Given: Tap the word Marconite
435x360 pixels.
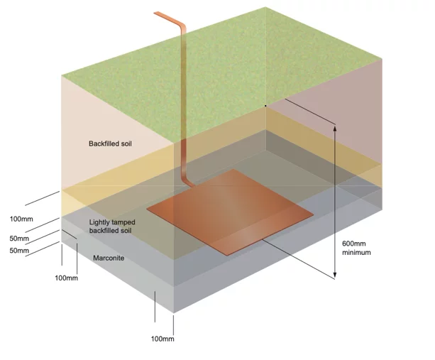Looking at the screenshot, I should [x=109, y=258].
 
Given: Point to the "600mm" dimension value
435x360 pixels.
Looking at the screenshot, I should [x=356, y=242].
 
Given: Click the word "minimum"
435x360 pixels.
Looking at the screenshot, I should [x=356, y=251].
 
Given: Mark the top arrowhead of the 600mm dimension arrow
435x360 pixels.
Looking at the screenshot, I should [x=334, y=126].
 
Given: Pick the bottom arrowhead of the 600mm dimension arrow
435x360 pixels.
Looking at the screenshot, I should [x=334, y=275].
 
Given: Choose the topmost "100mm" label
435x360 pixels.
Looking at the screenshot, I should [x=21, y=218].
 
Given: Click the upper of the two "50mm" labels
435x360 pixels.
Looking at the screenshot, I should [x=19, y=238].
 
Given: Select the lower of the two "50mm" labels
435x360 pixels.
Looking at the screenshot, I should [x=19, y=250].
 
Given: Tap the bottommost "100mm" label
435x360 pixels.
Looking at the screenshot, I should [x=163, y=339].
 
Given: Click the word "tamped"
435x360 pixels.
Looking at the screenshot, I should [x=123, y=222].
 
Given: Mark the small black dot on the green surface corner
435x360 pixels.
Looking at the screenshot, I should [x=265, y=106].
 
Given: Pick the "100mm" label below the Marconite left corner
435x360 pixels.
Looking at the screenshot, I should [x=66, y=277].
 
